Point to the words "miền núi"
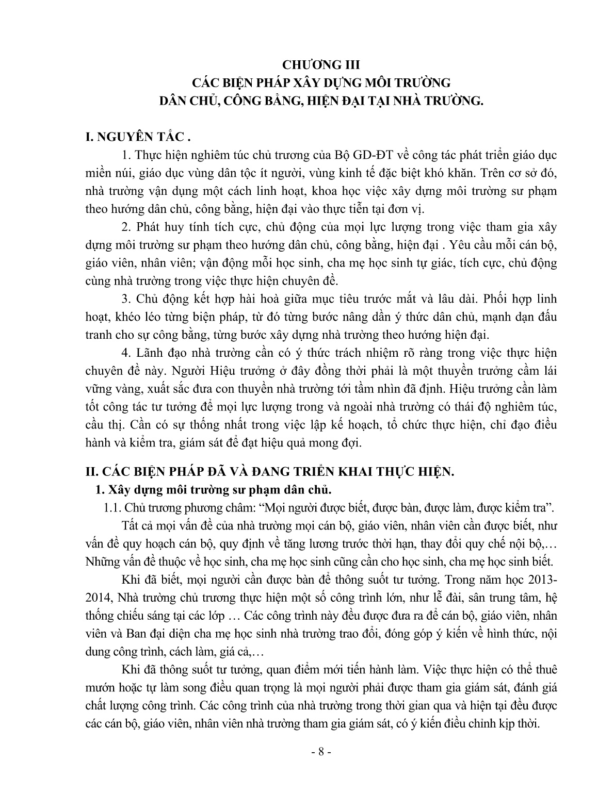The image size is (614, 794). tap(102, 173)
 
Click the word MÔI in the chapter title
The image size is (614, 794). tap(374, 82)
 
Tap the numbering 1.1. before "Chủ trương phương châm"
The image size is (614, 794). tap(112, 507)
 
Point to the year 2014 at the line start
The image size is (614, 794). tap(96, 597)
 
